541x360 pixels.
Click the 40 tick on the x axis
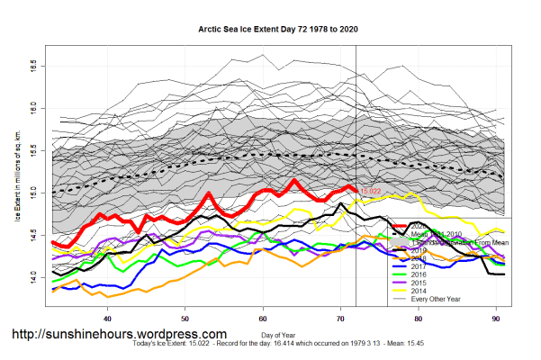108,319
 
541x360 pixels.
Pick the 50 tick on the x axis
185,319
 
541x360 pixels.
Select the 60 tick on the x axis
263,319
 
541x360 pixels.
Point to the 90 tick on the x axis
495,319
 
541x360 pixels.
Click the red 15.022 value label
372,192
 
